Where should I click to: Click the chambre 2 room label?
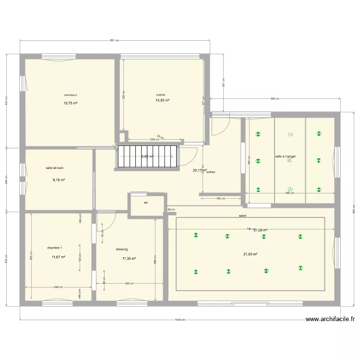[x=71, y=95]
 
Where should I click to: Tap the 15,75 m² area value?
[x=71, y=103]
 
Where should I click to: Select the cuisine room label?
[x=161, y=95]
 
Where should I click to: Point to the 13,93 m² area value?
[x=162, y=100]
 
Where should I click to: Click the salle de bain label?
[x=55, y=168]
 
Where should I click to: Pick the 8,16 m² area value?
[x=59, y=180]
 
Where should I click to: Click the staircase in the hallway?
[x=147, y=156]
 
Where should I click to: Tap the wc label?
[x=146, y=203]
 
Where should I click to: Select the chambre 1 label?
[x=54, y=248]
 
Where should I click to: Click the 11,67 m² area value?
[x=58, y=257]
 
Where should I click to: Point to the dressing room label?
[x=122, y=249]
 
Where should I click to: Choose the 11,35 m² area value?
[x=129, y=258]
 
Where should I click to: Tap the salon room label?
[x=242, y=216]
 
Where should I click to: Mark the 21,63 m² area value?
[x=250, y=254]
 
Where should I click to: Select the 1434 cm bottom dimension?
[x=180, y=320]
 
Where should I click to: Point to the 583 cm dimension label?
[x=275, y=99]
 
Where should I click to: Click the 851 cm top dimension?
[x=114, y=41]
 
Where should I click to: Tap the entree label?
[x=211, y=172]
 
